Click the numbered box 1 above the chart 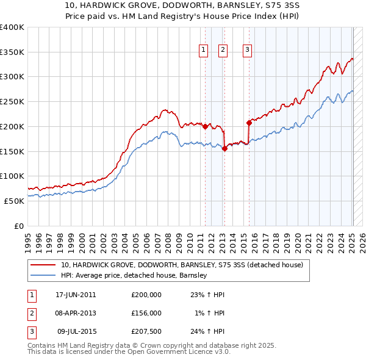coord(202,51)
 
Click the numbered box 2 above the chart coord(223,51)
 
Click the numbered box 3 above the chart coord(247,51)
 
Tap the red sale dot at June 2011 coord(205,126)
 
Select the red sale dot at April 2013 coord(224,148)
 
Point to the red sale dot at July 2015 coord(249,123)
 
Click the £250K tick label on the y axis coord(12,102)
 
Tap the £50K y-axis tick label coord(13,201)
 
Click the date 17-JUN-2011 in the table coord(76,295)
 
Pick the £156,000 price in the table coord(146,313)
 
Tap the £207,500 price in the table coord(146,331)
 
